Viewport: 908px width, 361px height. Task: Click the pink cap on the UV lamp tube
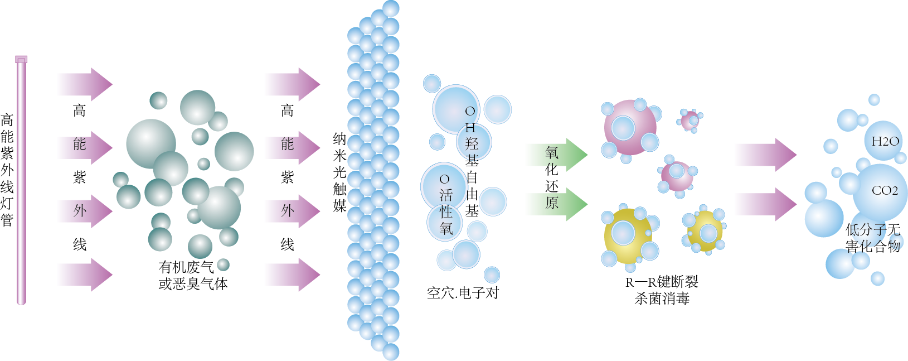coord(21,59)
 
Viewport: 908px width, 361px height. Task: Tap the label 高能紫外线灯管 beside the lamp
coord(7,170)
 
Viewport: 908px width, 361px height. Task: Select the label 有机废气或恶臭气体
coord(193,276)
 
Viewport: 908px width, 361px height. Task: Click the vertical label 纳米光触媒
coord(339,172)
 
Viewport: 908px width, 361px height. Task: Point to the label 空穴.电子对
coord(463,293)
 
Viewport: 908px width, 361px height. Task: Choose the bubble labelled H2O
coord(885,141)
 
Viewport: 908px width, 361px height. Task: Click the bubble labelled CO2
coord(883,191)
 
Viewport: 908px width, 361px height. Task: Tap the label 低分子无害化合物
coord(872,238)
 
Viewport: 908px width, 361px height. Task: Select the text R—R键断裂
coord(662,282)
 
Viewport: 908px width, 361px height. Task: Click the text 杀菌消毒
coord(662,299)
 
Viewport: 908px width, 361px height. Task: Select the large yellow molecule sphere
coord(628,234)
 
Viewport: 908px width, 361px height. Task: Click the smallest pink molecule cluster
coord(691,120)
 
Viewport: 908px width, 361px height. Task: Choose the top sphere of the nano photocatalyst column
coord(391,8)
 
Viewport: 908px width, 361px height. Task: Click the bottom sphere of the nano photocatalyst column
coord(391,352)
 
